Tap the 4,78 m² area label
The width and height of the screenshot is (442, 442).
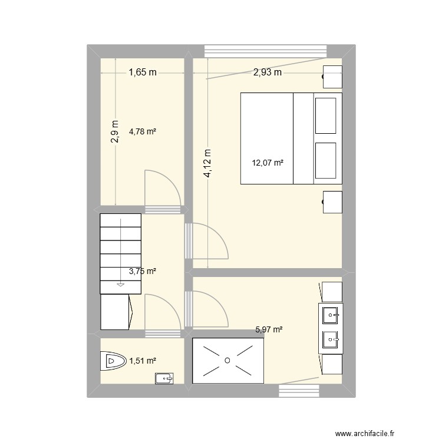tap(143, 132)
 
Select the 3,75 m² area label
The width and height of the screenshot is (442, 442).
tap(143, 271)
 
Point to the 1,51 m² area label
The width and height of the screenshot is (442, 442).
tap(143, 360)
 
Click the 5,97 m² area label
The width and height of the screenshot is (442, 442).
tap(269, 331)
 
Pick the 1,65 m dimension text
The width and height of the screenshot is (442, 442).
tap(143, 72)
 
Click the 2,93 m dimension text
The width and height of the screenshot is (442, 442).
tap(268, 72)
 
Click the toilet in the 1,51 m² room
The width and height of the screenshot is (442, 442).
tap(112, 360)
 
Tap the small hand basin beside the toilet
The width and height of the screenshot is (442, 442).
tap(162, 378)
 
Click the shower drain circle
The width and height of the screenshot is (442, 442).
tap(227, 360)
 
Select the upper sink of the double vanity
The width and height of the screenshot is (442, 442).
tap(330, 315)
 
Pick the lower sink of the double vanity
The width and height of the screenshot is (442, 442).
tap(330, 339)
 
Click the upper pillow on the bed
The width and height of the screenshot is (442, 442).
tap(326, 116)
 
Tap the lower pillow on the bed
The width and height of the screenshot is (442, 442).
tap(326, 160)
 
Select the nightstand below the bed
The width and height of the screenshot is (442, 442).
tap(332, 202)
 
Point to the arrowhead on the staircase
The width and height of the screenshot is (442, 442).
tap(121, 285)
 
